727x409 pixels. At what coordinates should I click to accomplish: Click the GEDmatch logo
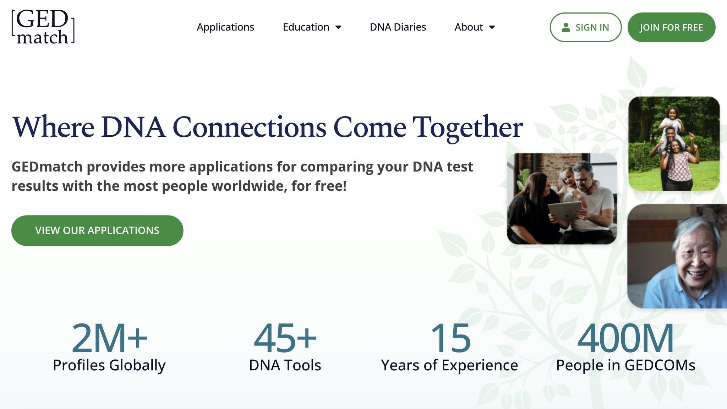tap(43, 27)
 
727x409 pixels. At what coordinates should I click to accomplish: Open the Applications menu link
tap(225, 27)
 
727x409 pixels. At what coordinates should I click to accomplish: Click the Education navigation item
tap(306, 27)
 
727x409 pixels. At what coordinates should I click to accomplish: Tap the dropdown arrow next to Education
tap(338, 27)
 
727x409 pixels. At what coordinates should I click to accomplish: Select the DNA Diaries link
tap(398, 27)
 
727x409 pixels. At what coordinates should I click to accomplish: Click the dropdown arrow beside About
tap(492, 27)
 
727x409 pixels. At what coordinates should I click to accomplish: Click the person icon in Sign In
tap(566, 27)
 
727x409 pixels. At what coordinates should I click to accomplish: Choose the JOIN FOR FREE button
tap(671, 27)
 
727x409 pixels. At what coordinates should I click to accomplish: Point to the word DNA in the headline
tap(133, 127)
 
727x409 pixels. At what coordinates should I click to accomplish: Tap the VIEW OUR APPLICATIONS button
tap(97, 230)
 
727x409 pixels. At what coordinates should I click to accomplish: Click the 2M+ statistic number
tap(109, 338)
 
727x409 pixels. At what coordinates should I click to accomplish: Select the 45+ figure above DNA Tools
tap(285, 338)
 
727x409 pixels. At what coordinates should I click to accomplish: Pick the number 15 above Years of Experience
tap(450, 338)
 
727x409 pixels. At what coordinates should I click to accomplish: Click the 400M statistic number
tap(625, 338)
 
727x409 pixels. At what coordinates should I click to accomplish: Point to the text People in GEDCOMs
tap(625, 365)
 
